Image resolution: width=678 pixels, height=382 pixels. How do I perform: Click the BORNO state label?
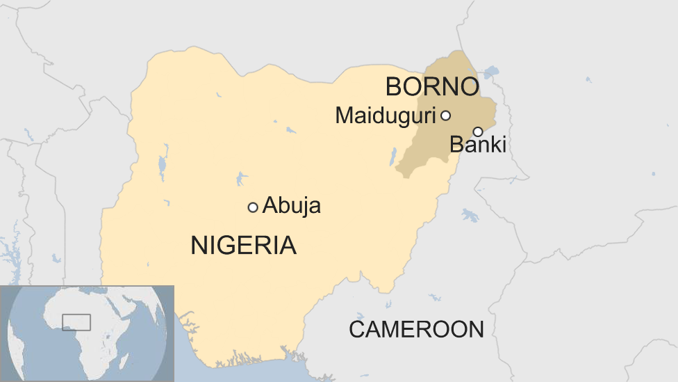point(432,88)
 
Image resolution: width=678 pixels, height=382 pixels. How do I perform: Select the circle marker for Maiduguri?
point(445,116)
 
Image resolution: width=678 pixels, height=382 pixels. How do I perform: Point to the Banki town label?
point(478,145)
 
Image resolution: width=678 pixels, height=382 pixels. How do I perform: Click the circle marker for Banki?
point(478,132)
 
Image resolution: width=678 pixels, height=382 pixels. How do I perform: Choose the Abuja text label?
point(292,207)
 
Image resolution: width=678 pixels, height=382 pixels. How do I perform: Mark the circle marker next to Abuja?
point(253,207)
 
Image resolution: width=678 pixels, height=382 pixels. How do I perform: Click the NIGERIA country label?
point(243,246)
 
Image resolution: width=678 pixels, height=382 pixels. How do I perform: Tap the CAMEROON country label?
point(416,329)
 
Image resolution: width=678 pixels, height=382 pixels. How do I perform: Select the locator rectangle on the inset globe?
point(76,322)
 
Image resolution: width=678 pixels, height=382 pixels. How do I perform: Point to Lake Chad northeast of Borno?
point(491,71)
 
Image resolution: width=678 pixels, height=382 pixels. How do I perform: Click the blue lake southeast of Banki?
point(470,215)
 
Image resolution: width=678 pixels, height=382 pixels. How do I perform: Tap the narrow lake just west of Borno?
point(393,156)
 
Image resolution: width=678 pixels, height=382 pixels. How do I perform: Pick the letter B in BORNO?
point(394,88)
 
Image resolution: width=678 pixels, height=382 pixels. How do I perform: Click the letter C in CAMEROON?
point(356,329)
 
